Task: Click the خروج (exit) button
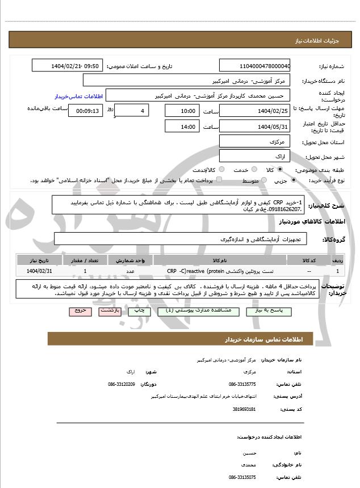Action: (79, 311)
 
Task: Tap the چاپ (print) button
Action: (138, 311)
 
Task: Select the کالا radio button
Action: (279, 170)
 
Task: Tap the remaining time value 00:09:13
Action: (85, 111)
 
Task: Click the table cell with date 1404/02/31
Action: (39, 272)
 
